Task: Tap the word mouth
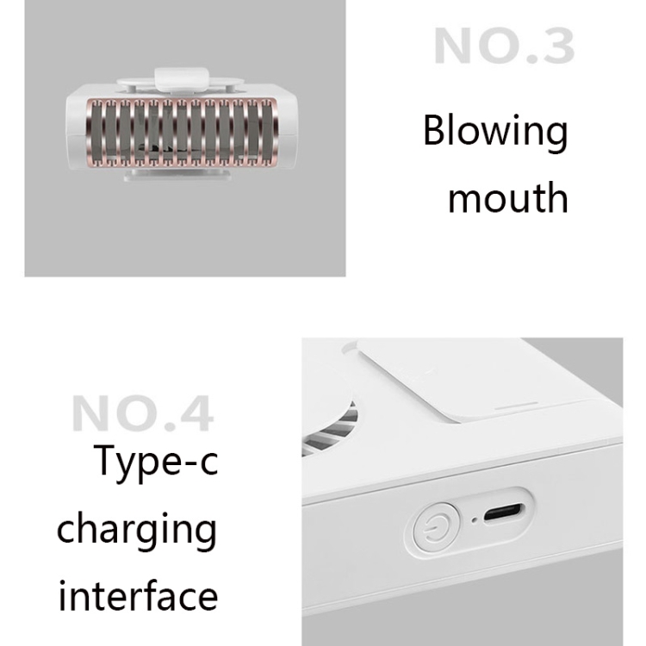tap(508, 198)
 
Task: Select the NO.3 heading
tap(504, 46)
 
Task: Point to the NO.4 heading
tap(143, 413)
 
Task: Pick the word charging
tap(137, 531)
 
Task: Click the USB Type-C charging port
tap(504, 512)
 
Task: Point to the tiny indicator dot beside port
tap(475, 521)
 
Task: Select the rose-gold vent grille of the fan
tap(181, 133)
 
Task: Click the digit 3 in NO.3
tap(556, 46)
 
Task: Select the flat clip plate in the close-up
tap(486, 379)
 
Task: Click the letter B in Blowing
tap(434, 130)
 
